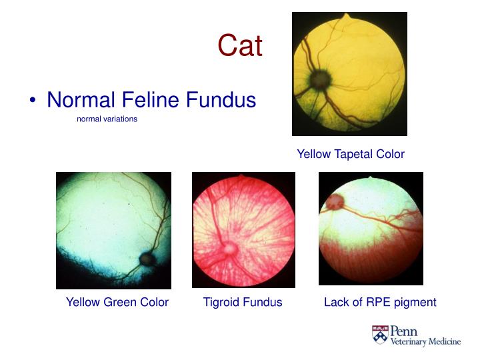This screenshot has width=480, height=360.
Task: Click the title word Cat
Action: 240,46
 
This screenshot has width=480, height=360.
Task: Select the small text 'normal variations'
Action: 107,119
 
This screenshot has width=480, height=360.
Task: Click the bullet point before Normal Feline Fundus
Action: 33,101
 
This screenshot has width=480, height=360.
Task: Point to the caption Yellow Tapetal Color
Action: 350,154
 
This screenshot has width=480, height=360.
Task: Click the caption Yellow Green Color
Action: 117,302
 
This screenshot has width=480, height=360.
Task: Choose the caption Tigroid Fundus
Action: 243,302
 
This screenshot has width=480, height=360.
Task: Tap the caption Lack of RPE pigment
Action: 380,302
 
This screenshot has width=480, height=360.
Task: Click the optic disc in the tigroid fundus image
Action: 228,248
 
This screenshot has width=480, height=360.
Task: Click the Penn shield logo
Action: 379,335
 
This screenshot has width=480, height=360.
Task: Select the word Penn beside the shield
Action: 404,331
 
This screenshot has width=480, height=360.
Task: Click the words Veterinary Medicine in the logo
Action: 425,342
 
